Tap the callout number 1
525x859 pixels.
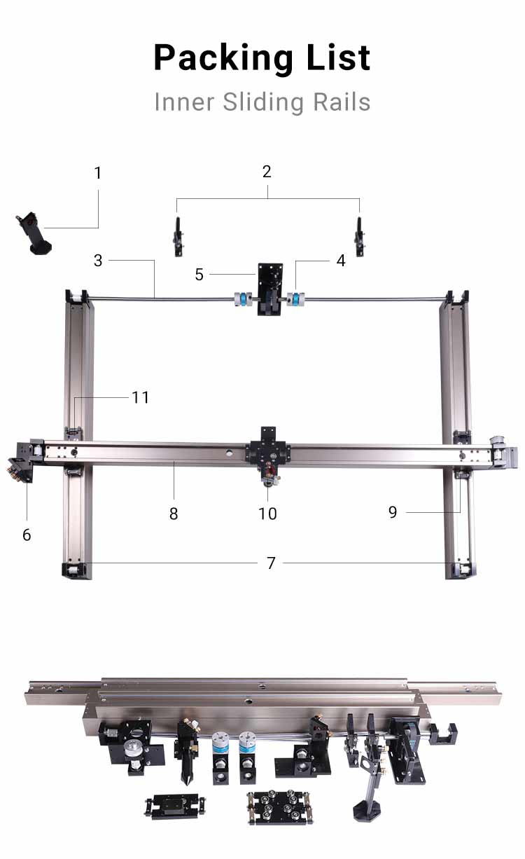pyautogui.click(x=98, y=172)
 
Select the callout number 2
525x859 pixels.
pyautogui.click(x=267, y=172)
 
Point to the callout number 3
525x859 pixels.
pyautogui.click(x=98, y=261)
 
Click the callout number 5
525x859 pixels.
pyautogui.click(x=199, y=275)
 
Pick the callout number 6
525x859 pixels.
pyautogui.click(x=27, y=535)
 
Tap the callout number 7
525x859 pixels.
pyautogui.click(x=271, y=563)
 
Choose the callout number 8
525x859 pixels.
pyautogui.click(x=174, y=514)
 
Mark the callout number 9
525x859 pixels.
pyautogui.click(x=393, y=512)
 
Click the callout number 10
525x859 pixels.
pyautogui.click(x=267, y=514)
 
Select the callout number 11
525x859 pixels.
pyautogui.click(x=141, y=397)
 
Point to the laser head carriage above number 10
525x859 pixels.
pyautogui.click(x=267, y=452)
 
